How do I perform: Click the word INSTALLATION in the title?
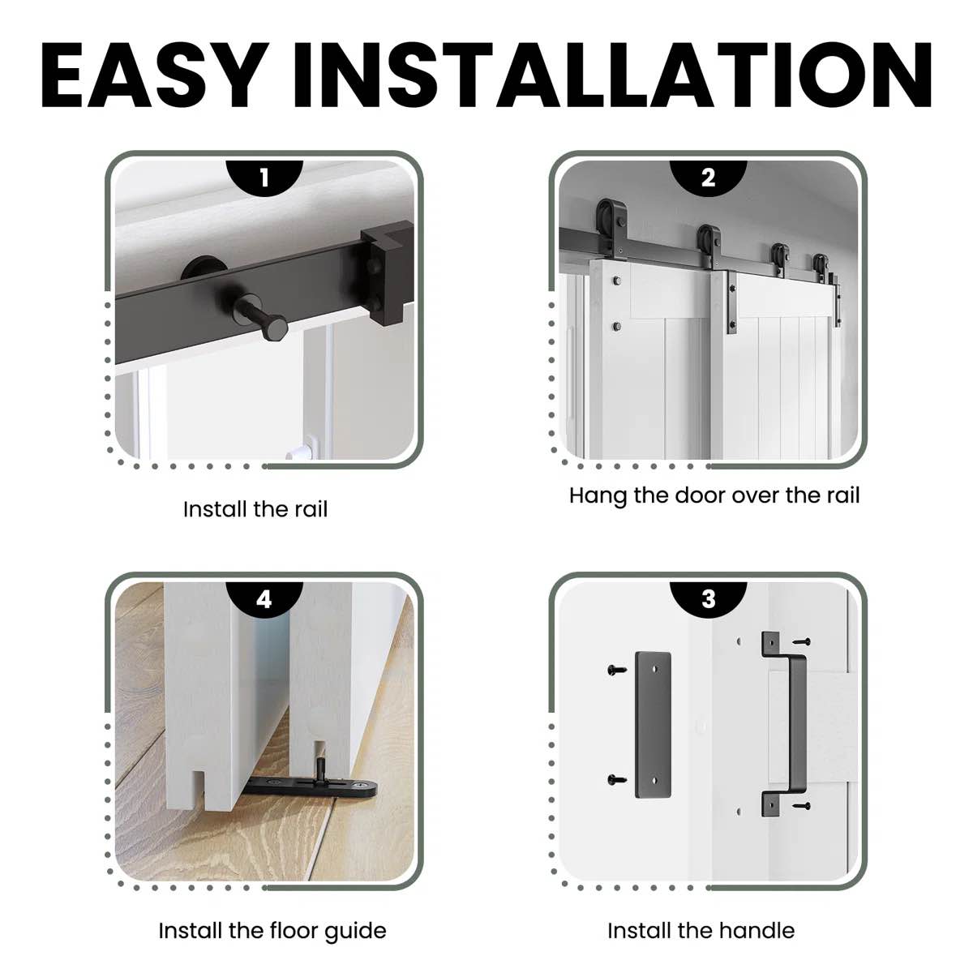click(x=612, y=75)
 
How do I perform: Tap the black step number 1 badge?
click(x=264, y=178)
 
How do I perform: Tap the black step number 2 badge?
click(x=708, y=178)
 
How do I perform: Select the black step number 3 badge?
click(x=708, y=598)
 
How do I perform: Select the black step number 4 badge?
click(x=264, y=598)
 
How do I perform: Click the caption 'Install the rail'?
click(x=255, y=509)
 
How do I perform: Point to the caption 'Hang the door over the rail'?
click(x=714, y=495)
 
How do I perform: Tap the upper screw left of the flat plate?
click(x=617, y=670)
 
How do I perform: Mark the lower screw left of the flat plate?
click(x=617, y=779)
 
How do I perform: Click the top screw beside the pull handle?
click(x=802, y=641)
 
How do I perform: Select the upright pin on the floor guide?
click(x=321, y=769)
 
